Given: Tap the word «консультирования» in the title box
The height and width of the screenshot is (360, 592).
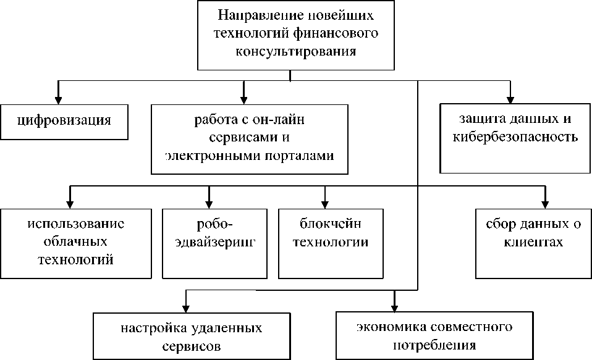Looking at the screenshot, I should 296,51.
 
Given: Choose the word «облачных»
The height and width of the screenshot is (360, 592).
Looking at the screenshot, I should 75,241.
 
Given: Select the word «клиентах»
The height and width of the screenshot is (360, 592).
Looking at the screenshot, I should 532,241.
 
